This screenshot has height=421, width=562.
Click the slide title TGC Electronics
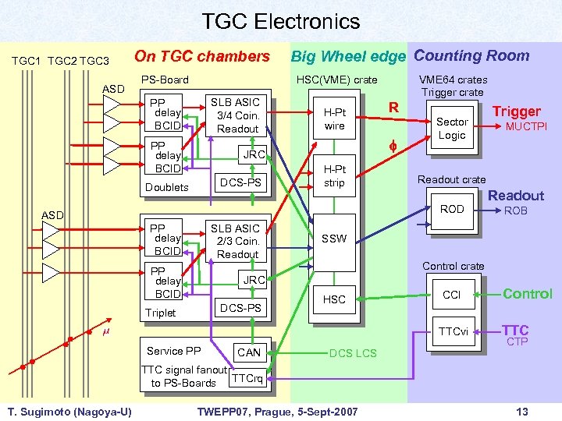[281, 21]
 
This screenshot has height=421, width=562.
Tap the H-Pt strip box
[334, 176]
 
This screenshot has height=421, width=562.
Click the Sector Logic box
[451, 129]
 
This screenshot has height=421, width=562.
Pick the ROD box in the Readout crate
[452, 209]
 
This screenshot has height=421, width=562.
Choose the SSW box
[334, 239]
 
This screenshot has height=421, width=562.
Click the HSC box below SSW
[334, 299]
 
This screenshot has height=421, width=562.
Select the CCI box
[451, 295]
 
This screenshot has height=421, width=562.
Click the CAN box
[249, 352]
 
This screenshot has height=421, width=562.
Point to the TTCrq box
[248, 378]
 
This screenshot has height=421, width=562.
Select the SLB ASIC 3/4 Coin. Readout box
[237, 115]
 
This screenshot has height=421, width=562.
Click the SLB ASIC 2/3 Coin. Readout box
[237, 241]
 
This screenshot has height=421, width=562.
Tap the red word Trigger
[516, 111]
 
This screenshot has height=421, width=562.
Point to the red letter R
[394, 108]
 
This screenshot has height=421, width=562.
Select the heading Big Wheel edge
[348, 56]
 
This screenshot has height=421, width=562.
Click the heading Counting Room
[471, 55]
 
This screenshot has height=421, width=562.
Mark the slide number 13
[522, 411]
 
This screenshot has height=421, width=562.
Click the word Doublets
[167, 187]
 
